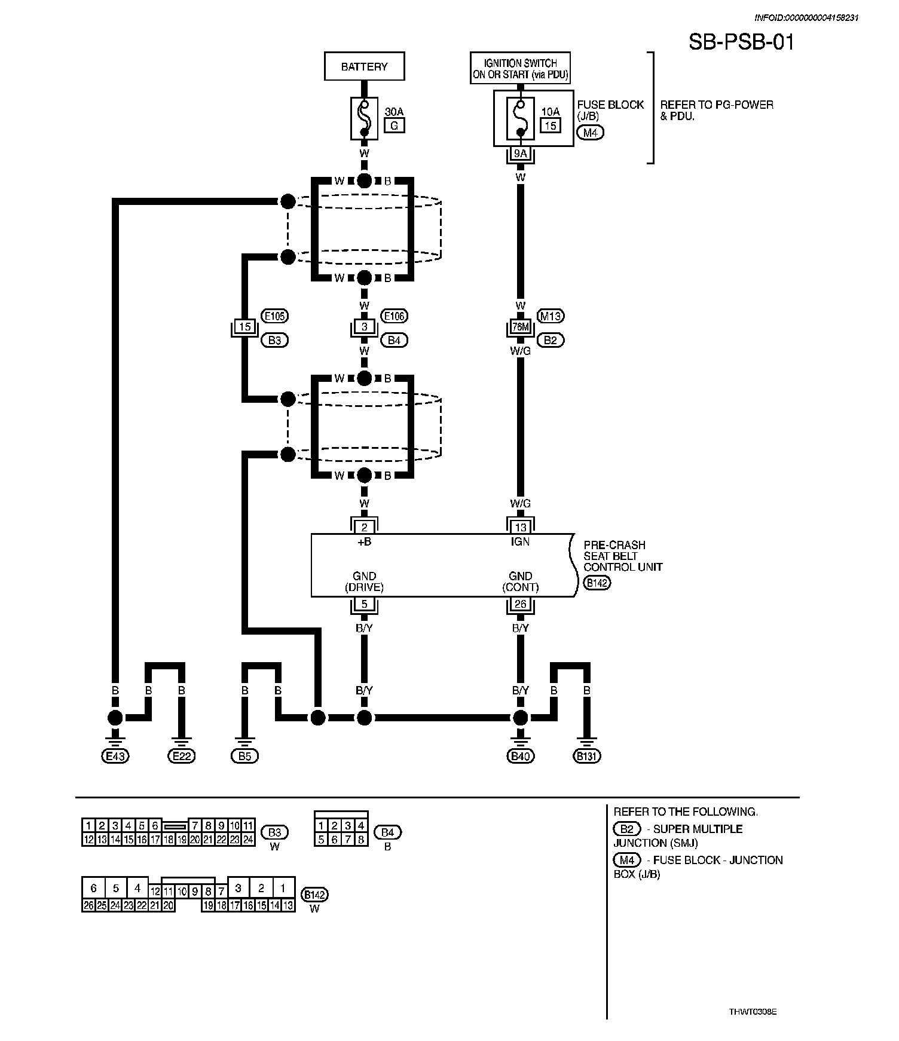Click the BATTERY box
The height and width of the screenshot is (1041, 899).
364,66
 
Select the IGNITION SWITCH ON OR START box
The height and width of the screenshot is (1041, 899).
520,69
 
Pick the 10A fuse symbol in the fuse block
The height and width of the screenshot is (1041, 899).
520,118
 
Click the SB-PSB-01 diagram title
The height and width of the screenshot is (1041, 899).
741,42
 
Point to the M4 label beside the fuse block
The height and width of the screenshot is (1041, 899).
591,133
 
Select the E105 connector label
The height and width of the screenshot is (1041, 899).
275,316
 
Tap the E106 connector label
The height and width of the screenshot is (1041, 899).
395,316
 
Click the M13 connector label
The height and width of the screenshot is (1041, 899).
551,316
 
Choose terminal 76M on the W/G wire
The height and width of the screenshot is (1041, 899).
520,327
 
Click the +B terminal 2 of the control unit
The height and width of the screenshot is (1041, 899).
364,527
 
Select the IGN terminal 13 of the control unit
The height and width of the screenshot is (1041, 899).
520,527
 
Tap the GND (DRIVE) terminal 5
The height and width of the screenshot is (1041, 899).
364,604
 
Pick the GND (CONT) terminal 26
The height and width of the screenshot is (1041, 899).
520,604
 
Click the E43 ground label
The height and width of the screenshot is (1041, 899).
115,757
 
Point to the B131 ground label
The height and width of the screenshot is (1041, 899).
587,757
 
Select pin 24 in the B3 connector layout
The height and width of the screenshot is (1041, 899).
248,840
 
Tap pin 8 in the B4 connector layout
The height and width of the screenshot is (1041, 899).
360,840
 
